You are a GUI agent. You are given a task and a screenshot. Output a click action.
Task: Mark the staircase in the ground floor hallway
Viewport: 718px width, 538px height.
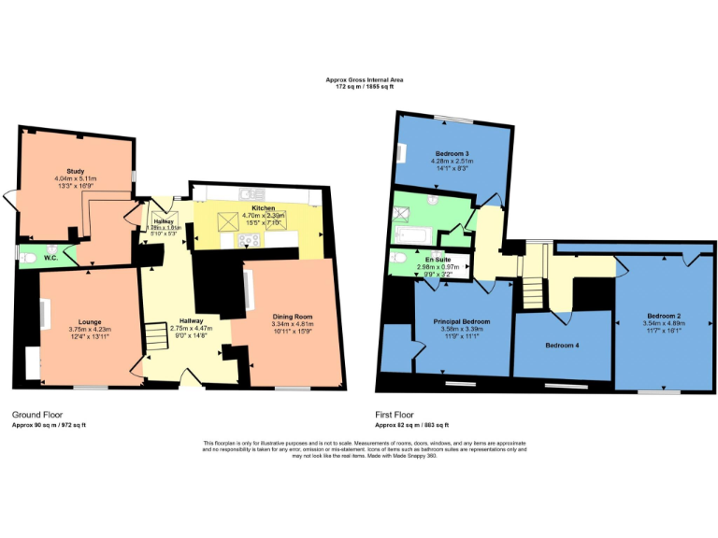tap(157, 334)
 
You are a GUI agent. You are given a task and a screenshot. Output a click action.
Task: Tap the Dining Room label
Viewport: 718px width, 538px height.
tap(291, 317)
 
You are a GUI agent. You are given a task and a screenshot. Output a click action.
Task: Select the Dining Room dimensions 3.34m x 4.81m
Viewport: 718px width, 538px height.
tap(291, 326)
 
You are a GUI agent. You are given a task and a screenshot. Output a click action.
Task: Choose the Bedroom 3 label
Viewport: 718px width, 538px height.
tap(452, 153)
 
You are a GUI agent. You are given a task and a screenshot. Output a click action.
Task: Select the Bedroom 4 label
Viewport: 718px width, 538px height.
tap(562, 346)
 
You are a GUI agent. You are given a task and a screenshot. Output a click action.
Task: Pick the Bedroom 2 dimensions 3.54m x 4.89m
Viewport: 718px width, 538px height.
tap(662, 323)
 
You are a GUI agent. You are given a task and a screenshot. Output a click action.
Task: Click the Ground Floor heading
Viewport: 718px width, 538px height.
tap(38, 413)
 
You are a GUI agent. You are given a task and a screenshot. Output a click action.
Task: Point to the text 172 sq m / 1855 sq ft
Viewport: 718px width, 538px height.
tap(358, 87)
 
